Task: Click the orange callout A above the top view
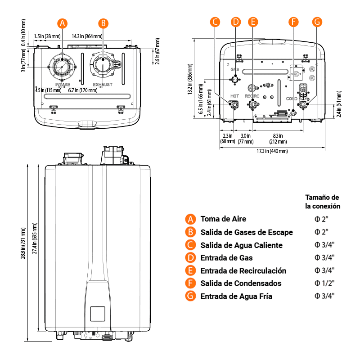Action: (62, 23)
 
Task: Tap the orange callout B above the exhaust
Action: (103, 23)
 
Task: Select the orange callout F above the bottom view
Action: (293, 22)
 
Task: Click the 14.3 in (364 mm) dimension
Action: (87, 36)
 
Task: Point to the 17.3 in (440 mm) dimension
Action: (272, 151)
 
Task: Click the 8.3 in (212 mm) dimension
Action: (278, 139)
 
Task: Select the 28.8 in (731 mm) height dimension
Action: (23, 243)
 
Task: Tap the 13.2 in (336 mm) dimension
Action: (190, 79)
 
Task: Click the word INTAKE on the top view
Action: (63, 85)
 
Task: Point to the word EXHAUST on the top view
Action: (103, 85)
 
